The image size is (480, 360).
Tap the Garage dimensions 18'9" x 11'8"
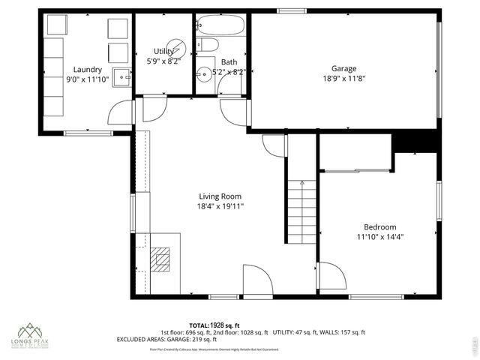click(x=343, y=79)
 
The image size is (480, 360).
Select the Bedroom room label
click(x=379, y=227)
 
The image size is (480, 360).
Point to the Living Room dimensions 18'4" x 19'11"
click(x=220, y=206)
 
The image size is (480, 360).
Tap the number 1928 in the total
click(x=220, y=324)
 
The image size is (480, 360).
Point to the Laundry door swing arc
click(x=120, y=114)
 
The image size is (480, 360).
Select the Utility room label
click(x=163, y=51)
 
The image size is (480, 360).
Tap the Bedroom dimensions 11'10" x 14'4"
click(x=379, y=237)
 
